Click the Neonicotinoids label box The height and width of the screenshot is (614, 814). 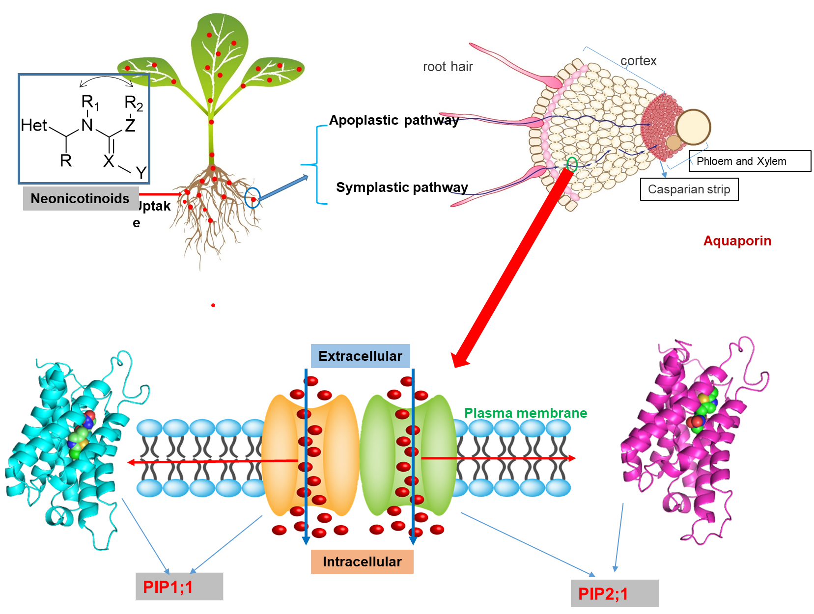point(81,198)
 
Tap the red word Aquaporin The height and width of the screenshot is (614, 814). point(737,241)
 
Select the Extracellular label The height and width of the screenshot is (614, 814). point(360,356)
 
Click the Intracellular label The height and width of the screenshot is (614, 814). point(362,561)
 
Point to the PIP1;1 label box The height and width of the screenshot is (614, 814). point(179,587)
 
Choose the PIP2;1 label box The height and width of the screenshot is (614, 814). point(614,594)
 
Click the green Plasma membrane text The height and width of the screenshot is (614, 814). point(526,413)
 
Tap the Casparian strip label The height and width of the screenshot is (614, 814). point(688,189)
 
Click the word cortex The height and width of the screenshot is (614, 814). point(638,61)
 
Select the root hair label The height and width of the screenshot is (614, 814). point(448,67)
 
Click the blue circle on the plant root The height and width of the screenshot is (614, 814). point(252,198)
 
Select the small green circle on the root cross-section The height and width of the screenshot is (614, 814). point(571,164)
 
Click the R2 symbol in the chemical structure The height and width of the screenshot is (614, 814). point(133,103)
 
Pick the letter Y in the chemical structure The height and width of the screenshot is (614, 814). point(141,173)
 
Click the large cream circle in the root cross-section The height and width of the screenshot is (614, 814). point(693,127)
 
